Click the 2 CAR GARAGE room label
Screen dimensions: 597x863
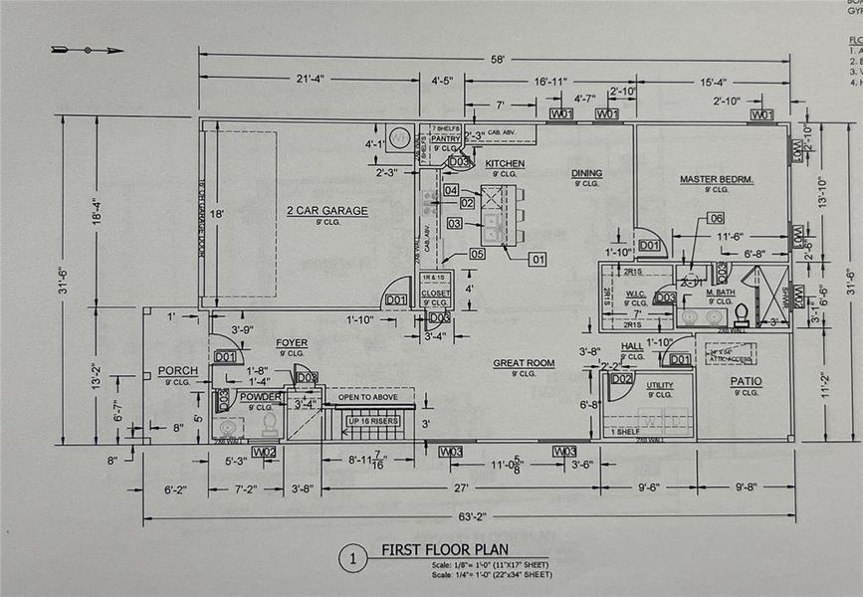point(327,210)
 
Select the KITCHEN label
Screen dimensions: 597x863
point(505,163)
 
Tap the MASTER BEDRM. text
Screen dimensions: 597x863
point(716,179)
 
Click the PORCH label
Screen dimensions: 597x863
point(177,371)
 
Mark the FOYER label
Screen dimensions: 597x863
point(292,343)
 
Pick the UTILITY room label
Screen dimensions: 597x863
point(659,385)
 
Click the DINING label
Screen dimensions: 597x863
point(586,173)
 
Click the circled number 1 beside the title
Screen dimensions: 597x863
point(351,558)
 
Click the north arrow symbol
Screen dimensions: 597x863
point(88,49)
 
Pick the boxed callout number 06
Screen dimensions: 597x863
point(715,218)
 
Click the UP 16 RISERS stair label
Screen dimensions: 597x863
point(373,420)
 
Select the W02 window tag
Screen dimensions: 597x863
point(264,452)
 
